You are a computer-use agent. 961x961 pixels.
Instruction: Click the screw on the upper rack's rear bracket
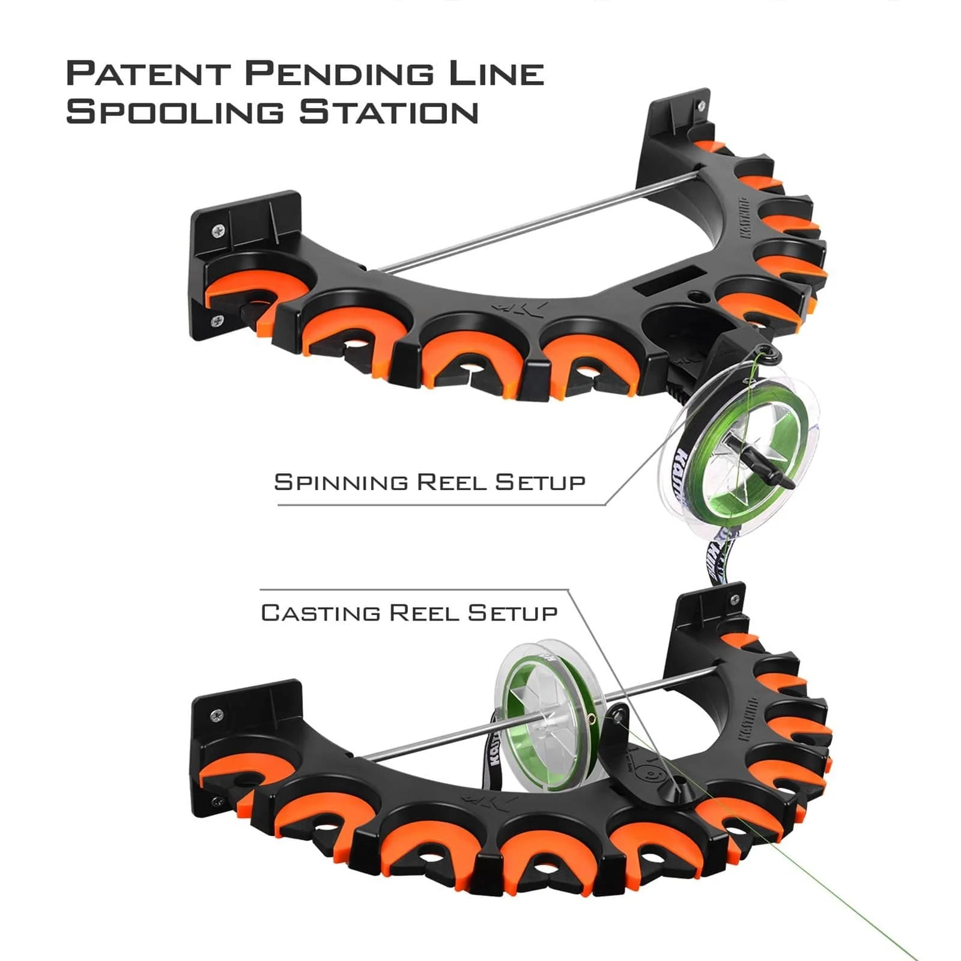click(x=702, y=105)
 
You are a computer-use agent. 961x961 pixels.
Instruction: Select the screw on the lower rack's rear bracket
click(x=735, y=599)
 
